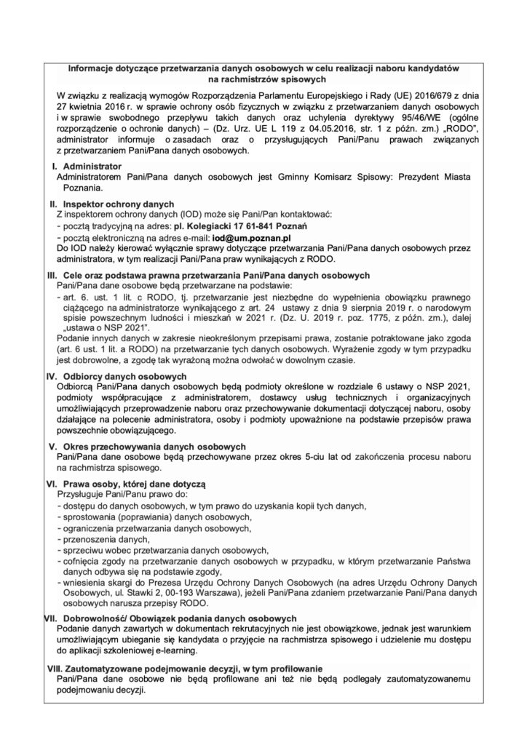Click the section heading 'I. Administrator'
click(x=86, y=167)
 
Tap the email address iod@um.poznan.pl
click(x=252, y=237)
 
